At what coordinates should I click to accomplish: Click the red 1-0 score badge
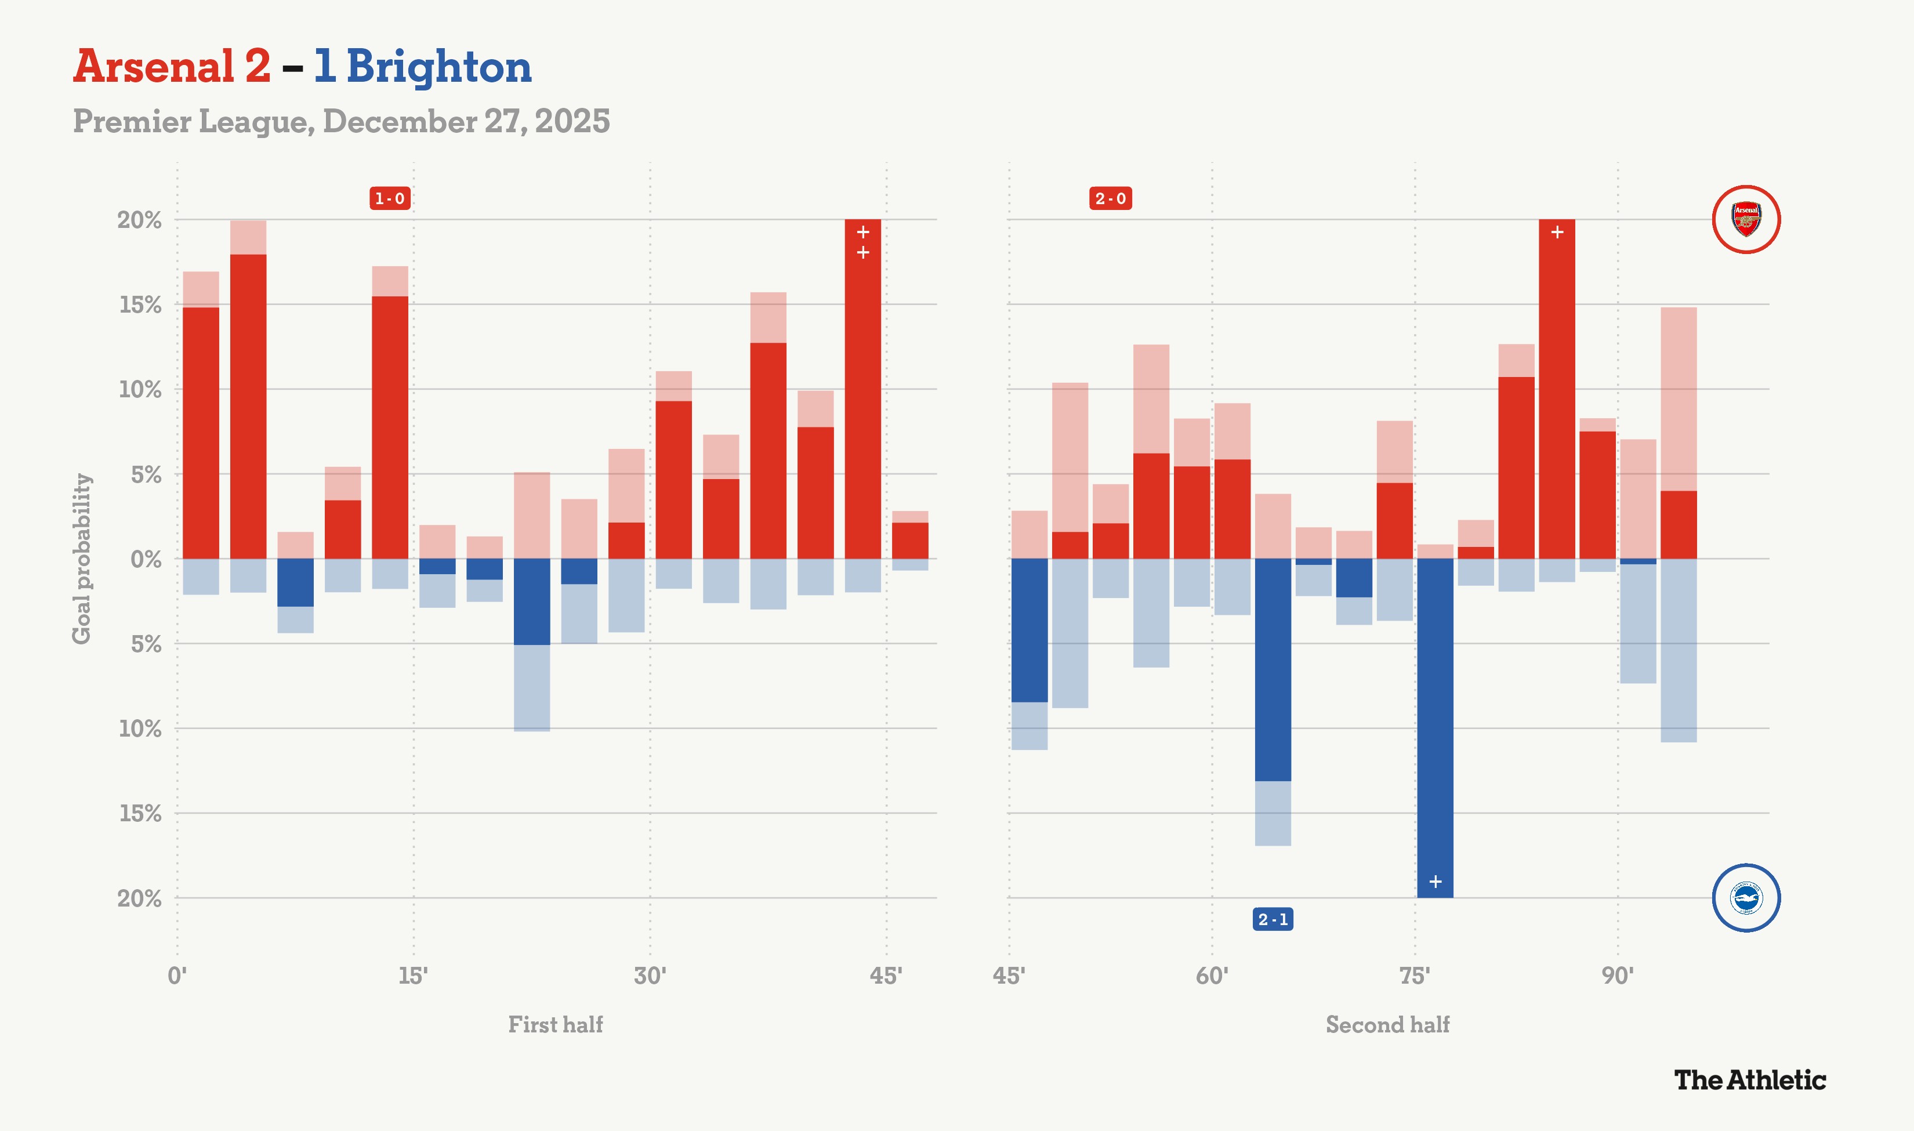coord(389,199)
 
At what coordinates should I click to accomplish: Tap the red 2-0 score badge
coord(1110,199)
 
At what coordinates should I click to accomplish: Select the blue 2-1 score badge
coord(1273,919)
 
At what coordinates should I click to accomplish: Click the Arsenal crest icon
coord(1746,219)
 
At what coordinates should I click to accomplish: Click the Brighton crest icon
coord(1746,898)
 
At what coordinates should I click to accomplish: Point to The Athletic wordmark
coord(1749,1080)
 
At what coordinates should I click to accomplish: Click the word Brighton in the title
coord(439,67)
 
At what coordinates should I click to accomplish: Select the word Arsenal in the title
coord(154,67)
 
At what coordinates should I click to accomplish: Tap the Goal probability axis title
coord(82,559)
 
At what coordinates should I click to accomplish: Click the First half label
coord(556,1024)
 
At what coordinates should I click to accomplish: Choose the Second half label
coord(1387,1024)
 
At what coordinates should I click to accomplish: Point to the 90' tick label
coord(1617,976)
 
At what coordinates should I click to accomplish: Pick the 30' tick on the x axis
coord(650,976)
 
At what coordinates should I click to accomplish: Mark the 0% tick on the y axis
coord(146,559)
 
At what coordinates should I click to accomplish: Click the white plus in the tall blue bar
coord(1435,882)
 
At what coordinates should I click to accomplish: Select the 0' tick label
coord(177,976)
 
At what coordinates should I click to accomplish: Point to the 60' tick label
coord(1212,976)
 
